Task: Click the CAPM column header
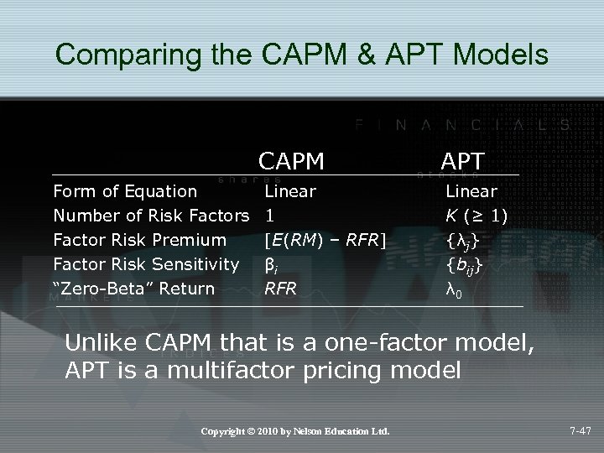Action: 291,160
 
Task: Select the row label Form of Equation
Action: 125,191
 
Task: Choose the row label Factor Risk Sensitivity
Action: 146,265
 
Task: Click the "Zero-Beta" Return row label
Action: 133,289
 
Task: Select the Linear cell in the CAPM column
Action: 290,191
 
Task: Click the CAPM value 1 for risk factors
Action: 269,216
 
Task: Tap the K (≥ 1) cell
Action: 476,216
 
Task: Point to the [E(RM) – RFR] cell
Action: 325,241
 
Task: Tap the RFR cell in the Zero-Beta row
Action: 281,289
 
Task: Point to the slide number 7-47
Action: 578,431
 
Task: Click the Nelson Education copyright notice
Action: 295,431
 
